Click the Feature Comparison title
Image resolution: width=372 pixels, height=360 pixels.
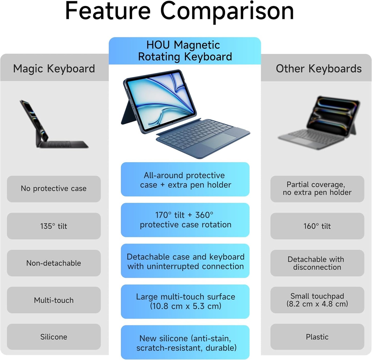pos(179,12)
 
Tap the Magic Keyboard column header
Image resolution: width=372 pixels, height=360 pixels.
pos(54,69)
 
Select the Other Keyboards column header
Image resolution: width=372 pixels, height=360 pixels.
pos(319,69)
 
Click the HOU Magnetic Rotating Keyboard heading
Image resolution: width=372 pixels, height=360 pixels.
pos(185,51)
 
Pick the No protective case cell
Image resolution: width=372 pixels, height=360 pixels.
pos(54,189)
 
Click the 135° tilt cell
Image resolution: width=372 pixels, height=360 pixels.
pos(54,226)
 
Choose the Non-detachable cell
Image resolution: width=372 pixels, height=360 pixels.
pos(54,263)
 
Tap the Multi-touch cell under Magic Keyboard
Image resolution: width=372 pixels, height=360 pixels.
pos(54,300)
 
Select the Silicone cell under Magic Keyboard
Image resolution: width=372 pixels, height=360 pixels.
pos(54,337)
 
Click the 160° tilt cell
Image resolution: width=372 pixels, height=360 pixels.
pos(317,226)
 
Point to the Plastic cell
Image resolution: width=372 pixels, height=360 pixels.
pos(317,337)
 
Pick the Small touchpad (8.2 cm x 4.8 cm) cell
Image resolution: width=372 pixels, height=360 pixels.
pos(317,300)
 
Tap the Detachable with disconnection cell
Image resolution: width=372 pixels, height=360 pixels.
pos(317,263)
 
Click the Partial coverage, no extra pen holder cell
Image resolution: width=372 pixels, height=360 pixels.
pos(317,189)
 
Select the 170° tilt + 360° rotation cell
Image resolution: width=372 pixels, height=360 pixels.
pos(185,220)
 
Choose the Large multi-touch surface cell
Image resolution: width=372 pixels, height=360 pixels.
pos(185,302)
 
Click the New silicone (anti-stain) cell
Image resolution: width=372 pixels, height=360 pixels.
pos(185,342)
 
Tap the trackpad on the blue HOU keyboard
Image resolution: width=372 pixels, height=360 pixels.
pos(219,140)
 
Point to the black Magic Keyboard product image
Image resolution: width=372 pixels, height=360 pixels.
pos(54,124)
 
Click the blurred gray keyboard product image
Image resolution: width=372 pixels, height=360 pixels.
pos(319,122)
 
